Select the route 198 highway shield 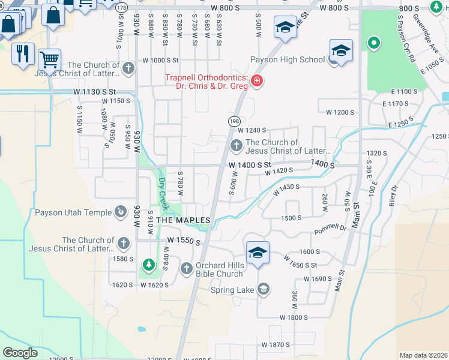click(x=234, y=121)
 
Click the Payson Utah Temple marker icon click(x=121, y=212)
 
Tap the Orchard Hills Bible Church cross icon click(x=186, y=268)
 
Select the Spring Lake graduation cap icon click(x=263, y=290)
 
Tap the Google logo click(x=20, y=353)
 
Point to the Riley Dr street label click(x=394, y=196)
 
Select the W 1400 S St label click(x=250, y=164)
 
